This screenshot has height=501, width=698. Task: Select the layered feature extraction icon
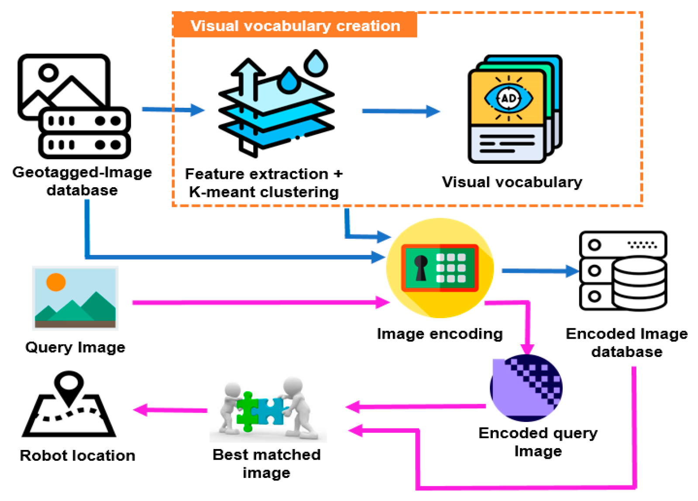coord(276,109)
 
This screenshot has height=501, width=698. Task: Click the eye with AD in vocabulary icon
coord(509,98)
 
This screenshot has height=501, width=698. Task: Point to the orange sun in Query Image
coord(56,282)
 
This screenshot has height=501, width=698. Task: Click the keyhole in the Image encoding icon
coord(421,267)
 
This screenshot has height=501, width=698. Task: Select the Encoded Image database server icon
coord(622,271)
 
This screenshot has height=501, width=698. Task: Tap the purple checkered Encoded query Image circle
coord(526,388)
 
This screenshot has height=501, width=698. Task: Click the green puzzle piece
coord(247,412)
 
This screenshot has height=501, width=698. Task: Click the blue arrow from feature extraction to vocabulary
coord(400,111)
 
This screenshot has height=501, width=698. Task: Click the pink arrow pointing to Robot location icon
coord(170,410)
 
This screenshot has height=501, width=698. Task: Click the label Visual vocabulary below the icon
coord(512,182)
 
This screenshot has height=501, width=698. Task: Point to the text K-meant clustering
coord(264,192)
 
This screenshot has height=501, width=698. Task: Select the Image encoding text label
coord(440,334)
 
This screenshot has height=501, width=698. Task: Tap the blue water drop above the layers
coord(316,63)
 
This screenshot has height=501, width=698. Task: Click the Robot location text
coord(78,456)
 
